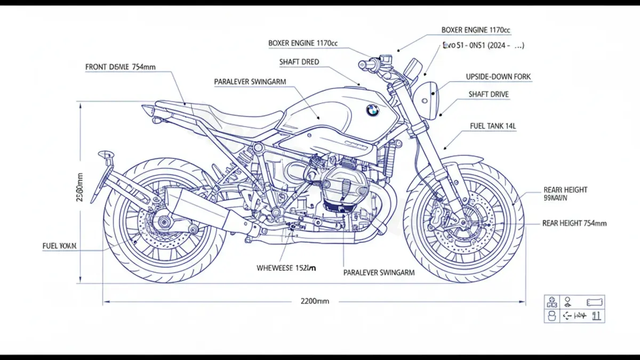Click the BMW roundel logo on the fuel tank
(372, 110)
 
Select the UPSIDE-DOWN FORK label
(498, 77)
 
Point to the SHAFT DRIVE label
(489, 94)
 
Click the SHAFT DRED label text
(299, 62)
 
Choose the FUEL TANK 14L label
(493, 126)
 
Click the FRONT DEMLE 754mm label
(121, 67)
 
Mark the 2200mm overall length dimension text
(315, 301)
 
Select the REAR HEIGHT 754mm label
(574, 223)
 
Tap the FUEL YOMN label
(59, 246)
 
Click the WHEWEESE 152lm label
(286, 268)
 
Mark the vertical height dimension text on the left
(80, 190)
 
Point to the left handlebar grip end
(363, 65)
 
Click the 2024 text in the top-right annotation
(497, 46)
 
